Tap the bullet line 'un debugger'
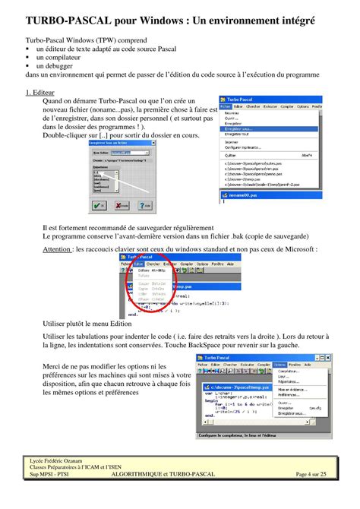point(56,66)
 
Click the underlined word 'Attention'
point(58,248)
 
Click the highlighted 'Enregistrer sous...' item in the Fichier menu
point(242,129)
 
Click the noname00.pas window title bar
point(251,194)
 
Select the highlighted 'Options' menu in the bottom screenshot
point(279,365)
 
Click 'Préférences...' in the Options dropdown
point(289,395)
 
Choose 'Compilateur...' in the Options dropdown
point(289,371)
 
